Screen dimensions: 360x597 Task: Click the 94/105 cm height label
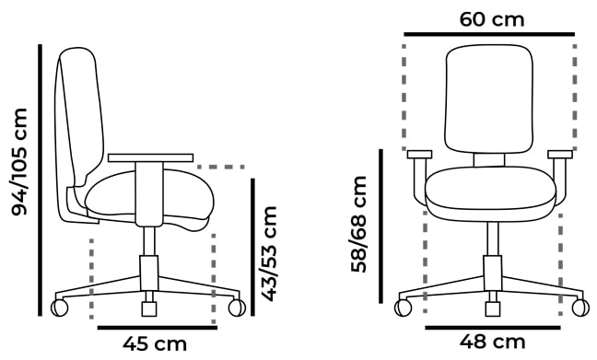point(18,162)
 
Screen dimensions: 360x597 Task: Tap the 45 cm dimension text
point(155,344)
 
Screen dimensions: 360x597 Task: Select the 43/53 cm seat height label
point(269,252)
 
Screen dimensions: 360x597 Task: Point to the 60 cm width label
point(488,18)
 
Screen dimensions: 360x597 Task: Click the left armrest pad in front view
point(418,154)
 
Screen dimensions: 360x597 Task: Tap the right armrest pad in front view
point(560,154)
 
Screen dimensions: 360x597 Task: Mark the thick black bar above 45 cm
point(157,326)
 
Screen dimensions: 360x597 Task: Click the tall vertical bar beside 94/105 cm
point(39,180)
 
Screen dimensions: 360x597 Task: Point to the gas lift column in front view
point(491,244)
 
